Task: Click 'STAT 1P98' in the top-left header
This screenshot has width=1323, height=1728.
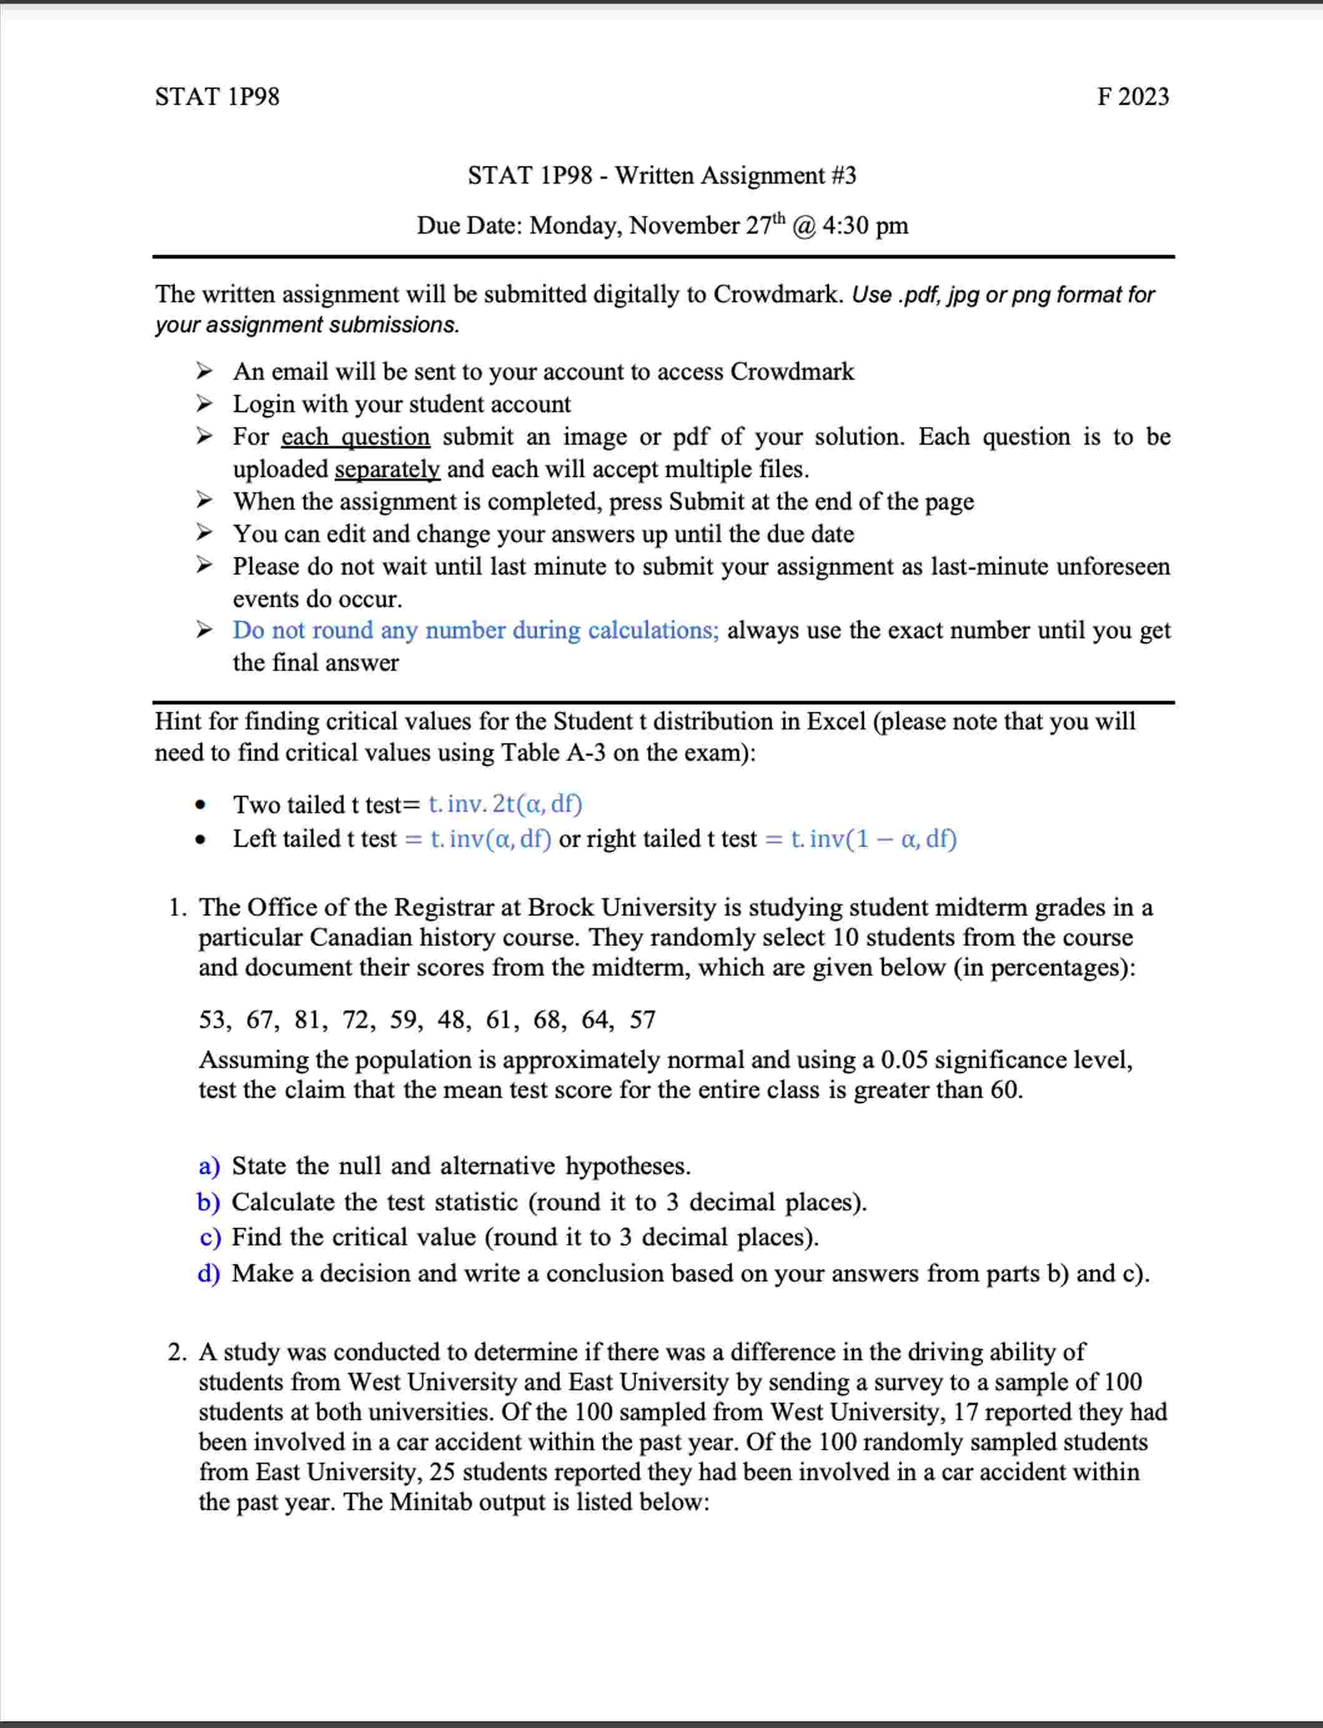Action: click(x=217, y=96)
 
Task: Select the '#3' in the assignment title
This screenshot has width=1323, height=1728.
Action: click(x=843, y=175)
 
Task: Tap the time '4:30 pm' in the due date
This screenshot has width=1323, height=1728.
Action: click(x=865, y=226)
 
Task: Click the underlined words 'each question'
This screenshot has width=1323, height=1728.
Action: click(x=355, y=437)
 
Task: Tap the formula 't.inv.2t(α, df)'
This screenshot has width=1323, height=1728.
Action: click(x=504, y=804)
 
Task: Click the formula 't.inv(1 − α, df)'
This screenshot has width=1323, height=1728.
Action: click(x=873, y=839)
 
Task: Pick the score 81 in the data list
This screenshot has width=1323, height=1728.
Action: click(x=307, y=1020)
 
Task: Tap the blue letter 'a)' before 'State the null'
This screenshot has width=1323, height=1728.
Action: click(x=209, y=1167)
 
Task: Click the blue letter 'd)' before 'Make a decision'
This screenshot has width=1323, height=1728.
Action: click(x=209, y=1273)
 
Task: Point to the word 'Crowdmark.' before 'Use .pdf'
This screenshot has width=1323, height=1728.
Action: click(x=778, y=295)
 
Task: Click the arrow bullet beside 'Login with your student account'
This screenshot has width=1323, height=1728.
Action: click(x=204, y=404)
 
